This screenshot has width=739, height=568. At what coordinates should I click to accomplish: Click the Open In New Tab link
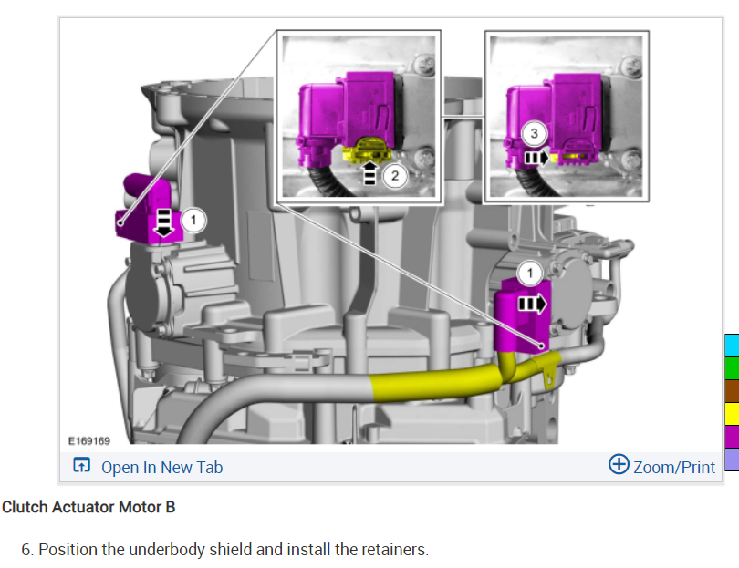tap(161, 468)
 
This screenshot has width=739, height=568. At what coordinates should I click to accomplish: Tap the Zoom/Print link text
tap(674, 468)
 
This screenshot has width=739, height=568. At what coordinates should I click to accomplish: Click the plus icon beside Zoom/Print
tap(619, 465)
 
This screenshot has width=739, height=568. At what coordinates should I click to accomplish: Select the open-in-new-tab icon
tap(81, 467)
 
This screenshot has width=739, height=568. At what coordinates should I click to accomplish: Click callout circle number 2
tap(394, 176)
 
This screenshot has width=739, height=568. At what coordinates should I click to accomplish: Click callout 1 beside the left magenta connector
tap(193, 219)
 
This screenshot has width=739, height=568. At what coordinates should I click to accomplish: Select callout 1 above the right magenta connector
tap(529, 272)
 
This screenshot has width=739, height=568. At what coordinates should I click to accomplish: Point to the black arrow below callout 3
tap(536, 158)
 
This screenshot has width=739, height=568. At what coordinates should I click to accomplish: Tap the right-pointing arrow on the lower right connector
tap(533, 302)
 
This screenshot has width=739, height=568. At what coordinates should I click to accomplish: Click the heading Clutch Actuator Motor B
tap(88, 507)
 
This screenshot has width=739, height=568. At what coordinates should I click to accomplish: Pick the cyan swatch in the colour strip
tap(732, 346)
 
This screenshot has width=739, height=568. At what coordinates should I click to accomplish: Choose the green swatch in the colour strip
tap(732, 368)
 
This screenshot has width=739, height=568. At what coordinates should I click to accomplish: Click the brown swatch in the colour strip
tap(732, 391)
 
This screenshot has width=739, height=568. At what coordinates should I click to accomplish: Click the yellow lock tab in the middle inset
tap(367, 148)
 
